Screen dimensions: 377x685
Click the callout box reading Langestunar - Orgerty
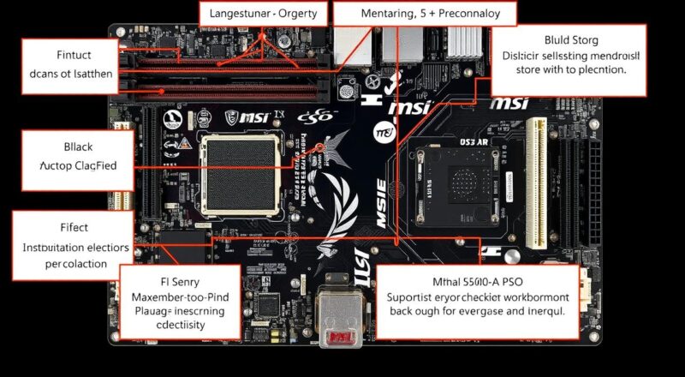tap(263, 14)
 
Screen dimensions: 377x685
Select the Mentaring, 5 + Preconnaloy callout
tap(425, 14)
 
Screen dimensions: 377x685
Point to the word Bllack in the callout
tap(59, 145)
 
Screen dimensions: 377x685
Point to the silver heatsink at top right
tap(467, 41)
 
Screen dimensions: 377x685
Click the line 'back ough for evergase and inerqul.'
tap(478, 312)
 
